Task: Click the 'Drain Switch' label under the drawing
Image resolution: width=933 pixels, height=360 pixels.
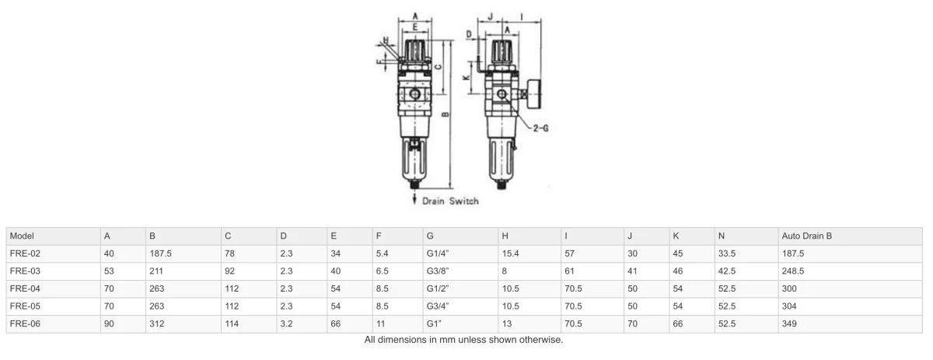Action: coord(450,201)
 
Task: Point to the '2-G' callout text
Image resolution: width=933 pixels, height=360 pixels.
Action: coord(540,128)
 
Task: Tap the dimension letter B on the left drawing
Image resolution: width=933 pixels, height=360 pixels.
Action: coord(446,114)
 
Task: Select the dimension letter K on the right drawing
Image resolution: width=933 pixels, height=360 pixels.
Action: coord(466,77)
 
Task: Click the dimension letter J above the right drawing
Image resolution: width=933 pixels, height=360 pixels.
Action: coord(491,16)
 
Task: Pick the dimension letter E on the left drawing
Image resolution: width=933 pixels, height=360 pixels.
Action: coord(415,27)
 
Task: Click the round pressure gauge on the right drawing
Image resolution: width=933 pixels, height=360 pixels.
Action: coord(533,94)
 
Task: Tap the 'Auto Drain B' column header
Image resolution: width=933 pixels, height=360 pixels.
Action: coord(806,236)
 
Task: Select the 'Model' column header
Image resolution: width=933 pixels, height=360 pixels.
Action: coord(22,236)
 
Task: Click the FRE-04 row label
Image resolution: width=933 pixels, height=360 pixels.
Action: coord(25,288)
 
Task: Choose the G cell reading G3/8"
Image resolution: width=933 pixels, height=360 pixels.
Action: coord(437,271)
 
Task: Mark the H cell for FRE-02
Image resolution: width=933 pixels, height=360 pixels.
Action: coord(510,253)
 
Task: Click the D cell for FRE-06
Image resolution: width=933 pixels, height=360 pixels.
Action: coord(286,323)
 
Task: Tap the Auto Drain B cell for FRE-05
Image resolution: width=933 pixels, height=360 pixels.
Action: coord(789,306)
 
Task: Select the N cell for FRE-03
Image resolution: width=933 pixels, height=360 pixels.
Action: coord(727,271)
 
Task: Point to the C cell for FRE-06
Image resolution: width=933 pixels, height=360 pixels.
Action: coord(232,323)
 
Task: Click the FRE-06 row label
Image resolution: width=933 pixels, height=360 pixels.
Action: coord(25,323)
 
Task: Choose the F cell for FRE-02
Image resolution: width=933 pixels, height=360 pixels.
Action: coord(382,253)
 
